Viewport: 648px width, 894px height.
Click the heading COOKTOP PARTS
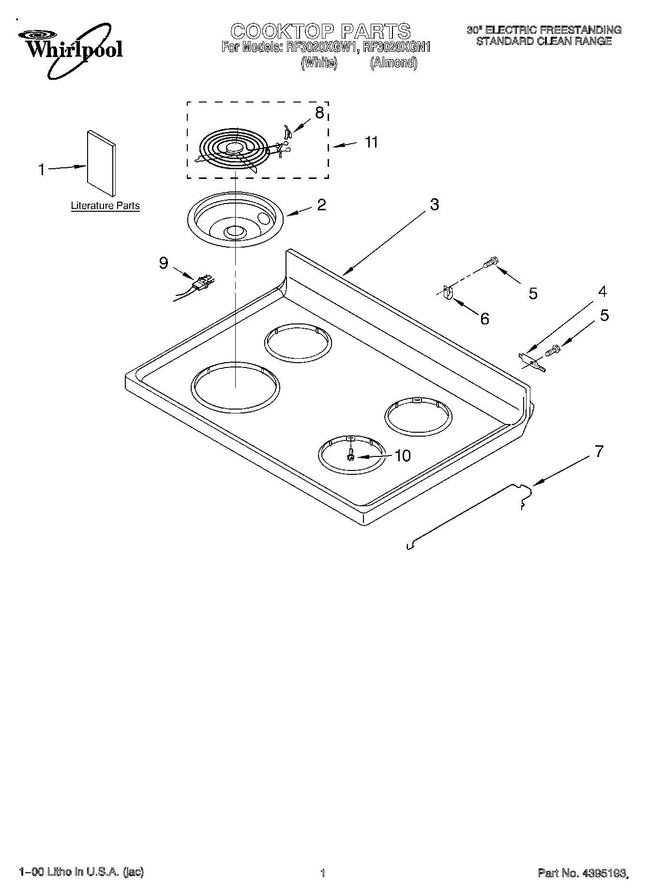pos(320,31)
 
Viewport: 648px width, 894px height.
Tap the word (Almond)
pos(393,63)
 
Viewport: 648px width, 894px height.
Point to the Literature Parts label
pos(105,205)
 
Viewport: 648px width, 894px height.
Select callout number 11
pos(371,142)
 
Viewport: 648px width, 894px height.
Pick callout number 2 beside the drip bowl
pos(321,205)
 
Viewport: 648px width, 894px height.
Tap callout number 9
pos(164,263)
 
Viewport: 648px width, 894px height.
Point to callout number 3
pos(434,205)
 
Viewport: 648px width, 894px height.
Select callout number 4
pos(602,292)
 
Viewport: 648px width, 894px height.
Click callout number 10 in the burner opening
pos(402,455)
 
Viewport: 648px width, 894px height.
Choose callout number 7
pos(599,452)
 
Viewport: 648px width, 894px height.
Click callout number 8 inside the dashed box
pos(319,113)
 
